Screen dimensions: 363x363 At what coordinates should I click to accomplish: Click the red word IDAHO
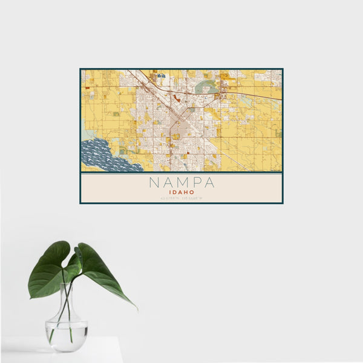click(x=181, y=191)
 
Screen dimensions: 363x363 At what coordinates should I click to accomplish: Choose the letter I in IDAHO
click(x=172, y=191)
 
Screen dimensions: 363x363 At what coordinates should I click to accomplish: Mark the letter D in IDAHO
click(x=176, y=191)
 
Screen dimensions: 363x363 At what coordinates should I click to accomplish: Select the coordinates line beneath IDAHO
click(x=181, y=198)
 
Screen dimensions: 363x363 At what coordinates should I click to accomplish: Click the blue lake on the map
click(x=100, y=155)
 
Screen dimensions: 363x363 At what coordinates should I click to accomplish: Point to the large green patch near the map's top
click(x=206, y=87)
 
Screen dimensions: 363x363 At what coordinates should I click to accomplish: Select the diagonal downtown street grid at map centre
click(x=180, y=125)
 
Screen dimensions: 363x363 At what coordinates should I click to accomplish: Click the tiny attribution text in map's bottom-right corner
click(x=275, y=170)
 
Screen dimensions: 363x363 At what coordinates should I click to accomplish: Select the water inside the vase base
click(x=66, y=336)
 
